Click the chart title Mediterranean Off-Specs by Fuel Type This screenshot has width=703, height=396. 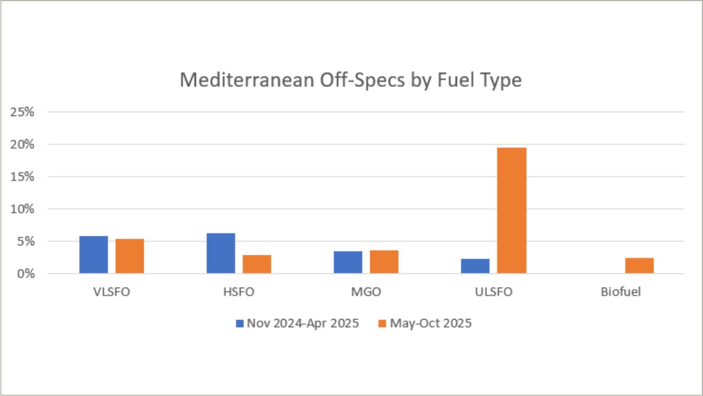[x=350, y=80]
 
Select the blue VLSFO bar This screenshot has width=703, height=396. [x=93, y=255]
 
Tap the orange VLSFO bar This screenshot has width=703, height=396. [x=130, y=256]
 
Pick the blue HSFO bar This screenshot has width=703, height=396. [x=221, y=254]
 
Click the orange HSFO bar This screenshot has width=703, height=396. [x=257, y=264]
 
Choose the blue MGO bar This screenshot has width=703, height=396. [x=348, y=262]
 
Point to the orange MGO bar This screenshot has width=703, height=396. [x=384, y=262]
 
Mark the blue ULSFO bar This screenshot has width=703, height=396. [x=475, y=266]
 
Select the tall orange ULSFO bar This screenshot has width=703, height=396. [x=511, y=211]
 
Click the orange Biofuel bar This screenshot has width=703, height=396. [x=639, y=266]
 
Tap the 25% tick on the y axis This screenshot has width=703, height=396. [x=22, y=112]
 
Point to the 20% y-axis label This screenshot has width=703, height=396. [x=22, y=145]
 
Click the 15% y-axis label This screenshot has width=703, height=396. [x=22, y=177]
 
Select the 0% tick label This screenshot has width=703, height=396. [x=25, y=274]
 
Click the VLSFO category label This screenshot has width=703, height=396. [x=111, y=292]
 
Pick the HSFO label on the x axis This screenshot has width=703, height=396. [x=239, y=292]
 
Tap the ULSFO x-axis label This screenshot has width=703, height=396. [x=493, y=292]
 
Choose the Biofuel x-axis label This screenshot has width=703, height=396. [x=621, y=292]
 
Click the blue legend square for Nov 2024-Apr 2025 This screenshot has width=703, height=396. [x=239, y=323]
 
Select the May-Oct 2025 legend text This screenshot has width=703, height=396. [x=431, y=323]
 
